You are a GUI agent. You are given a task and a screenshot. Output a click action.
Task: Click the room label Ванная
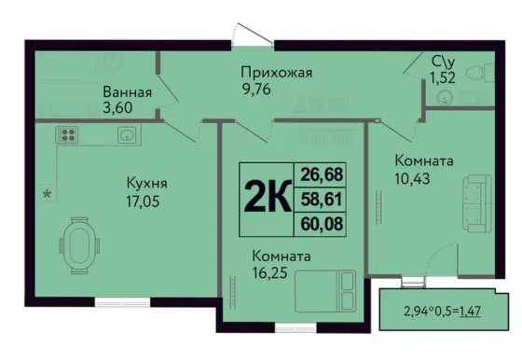[127, 92]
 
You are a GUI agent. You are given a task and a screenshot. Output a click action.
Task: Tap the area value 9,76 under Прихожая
[256, 90]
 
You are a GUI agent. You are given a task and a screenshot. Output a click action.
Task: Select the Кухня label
[147, 183]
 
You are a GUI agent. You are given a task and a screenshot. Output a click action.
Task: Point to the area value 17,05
[143, 201]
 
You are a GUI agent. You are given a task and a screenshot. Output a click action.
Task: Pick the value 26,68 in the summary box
[322, 174]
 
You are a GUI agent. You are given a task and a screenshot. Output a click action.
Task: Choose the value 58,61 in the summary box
[322, 200]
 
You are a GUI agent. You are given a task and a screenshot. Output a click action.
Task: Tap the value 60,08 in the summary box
[322, 224]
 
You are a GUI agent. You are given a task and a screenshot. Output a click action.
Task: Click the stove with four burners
[67, 135]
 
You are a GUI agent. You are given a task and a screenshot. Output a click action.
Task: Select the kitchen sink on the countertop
[127, 135]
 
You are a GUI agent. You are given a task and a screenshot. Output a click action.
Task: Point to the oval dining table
[79, 245]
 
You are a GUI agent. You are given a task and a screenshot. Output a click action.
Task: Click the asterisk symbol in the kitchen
[48, 193]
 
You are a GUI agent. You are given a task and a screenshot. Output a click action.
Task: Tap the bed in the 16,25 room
[325, 291]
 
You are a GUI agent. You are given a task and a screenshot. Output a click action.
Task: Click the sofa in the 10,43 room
[476, 203]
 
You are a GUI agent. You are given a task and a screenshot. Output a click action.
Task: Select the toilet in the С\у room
[480, 73]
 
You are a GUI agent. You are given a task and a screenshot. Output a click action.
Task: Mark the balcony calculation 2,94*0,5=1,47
[442, 312]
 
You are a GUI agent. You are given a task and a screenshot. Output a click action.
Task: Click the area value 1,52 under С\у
[443, 78]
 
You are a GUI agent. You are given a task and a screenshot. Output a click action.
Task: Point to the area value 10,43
[412, 178]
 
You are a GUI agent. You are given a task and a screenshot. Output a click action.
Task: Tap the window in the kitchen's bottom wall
[122, 302]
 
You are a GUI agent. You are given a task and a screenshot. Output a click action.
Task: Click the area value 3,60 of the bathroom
[117, 107]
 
